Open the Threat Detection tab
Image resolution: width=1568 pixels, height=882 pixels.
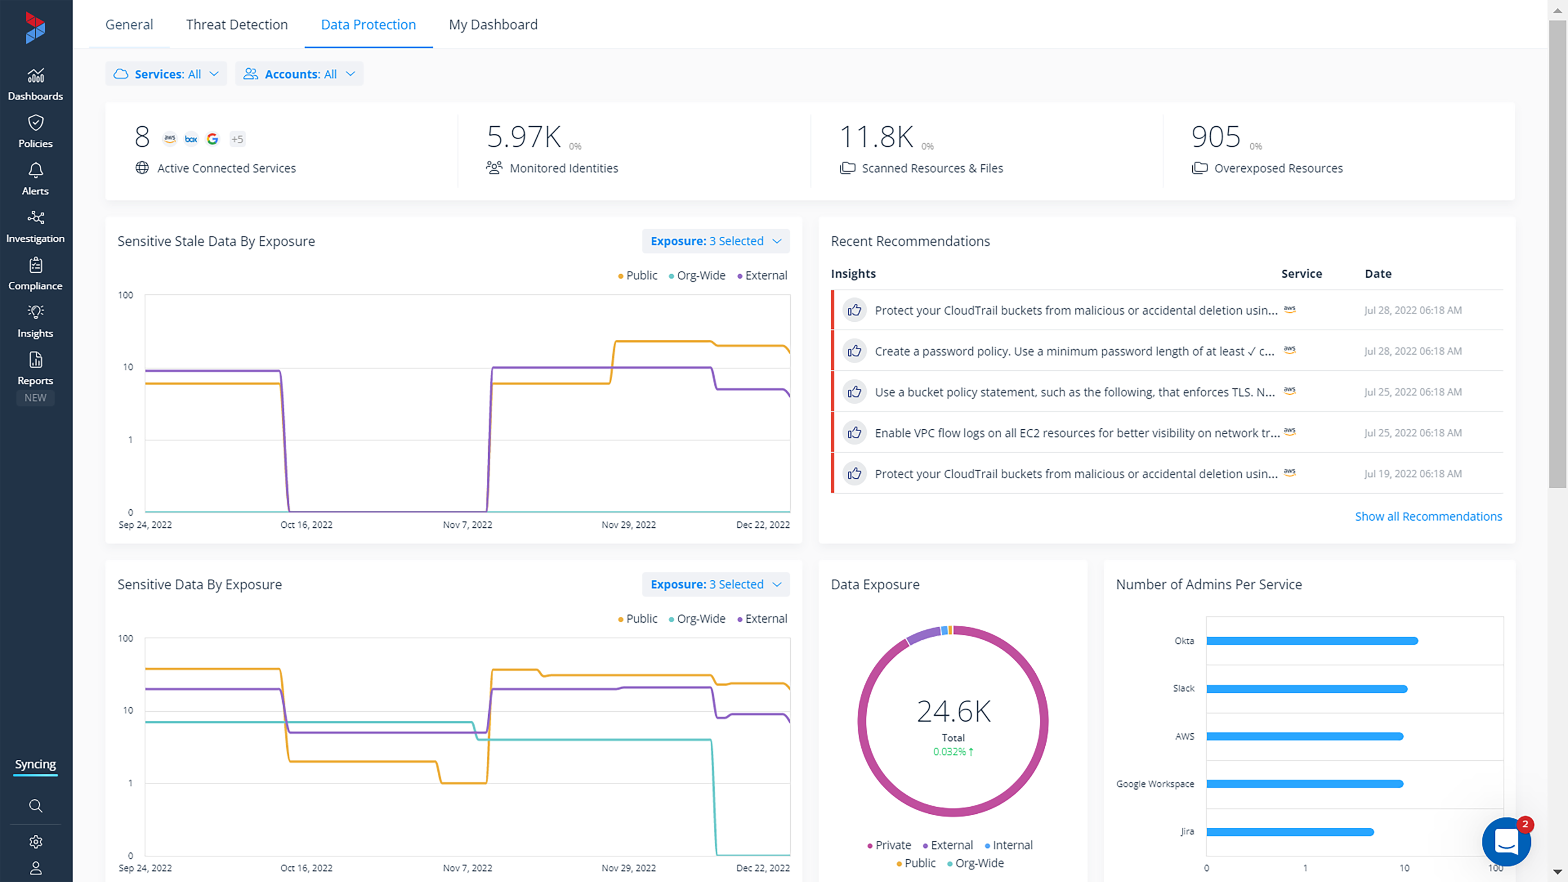[237, 24]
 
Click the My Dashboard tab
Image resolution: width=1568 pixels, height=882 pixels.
[493, 24]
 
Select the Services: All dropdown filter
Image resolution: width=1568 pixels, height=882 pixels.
[166, 74]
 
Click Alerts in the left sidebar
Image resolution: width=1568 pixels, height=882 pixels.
[35, 179]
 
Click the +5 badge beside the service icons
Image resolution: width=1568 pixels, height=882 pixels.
[237, 139]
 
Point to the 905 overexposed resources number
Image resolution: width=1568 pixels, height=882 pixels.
[1215, 137]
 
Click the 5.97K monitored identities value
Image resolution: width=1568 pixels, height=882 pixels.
[524, 137]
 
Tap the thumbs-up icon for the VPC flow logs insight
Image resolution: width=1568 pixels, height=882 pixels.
[854, 432]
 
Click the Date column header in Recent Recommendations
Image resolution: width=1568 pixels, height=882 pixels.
[1377, 273]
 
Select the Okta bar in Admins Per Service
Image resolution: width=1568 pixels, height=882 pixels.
[1312, 640]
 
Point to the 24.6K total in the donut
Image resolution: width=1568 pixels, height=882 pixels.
[953, 711]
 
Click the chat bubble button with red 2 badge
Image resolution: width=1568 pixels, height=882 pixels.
[1506, 842]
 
